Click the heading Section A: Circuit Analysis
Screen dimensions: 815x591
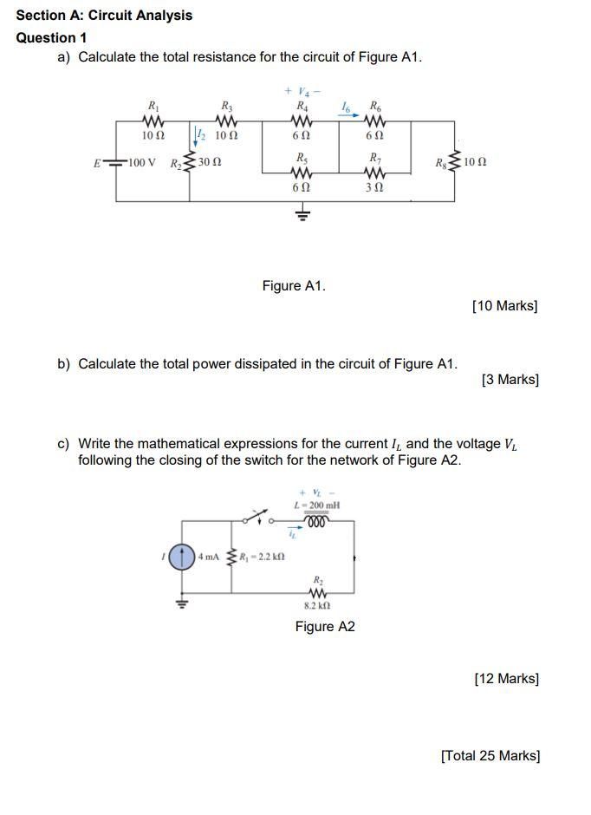coord(104,16)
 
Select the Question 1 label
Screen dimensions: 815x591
coord(51,38)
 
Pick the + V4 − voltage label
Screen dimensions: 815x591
coord(301,91)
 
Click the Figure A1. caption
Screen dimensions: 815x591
coord(294,285)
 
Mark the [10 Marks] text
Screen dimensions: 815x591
coord(505,305)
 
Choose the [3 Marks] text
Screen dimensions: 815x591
coord(510,379)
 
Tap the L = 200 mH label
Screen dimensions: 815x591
coord(317,505)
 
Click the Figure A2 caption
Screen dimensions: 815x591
coord(325,626)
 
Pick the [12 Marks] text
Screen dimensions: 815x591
coord(507,678)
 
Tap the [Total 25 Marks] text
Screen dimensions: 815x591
coord(490,755)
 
